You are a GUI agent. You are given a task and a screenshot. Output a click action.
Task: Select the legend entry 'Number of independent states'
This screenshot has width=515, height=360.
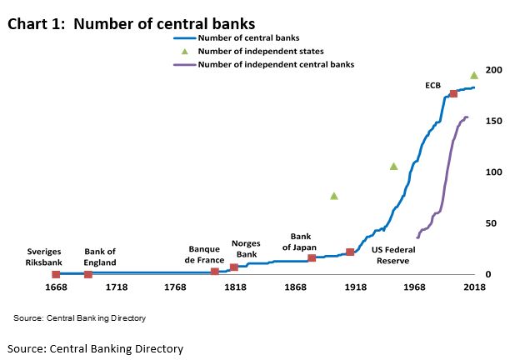click(260, 51)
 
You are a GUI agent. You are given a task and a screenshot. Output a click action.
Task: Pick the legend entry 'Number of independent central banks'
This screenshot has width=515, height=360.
click(276, 64)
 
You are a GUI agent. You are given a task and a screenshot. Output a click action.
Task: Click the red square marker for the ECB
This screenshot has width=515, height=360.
click(453, 94)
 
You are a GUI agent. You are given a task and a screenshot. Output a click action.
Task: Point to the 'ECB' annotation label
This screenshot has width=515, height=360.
click(432, 84)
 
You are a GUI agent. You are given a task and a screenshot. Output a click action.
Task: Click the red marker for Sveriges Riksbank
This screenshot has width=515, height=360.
click(56, 274)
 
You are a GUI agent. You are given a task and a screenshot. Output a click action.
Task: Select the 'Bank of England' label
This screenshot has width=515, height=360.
click(100, 257)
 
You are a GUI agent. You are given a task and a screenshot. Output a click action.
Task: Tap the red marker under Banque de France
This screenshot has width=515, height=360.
click(215, 272)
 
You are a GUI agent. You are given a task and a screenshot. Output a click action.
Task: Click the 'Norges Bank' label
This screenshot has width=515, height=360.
click(246, 248)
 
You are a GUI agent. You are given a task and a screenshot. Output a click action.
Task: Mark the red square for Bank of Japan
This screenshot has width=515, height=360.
click(312, 258)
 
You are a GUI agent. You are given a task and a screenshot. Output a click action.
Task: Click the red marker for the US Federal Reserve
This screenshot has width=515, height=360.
click(350, 252)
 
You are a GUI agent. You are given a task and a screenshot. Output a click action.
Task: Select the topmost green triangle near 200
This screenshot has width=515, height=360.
click(474, 75)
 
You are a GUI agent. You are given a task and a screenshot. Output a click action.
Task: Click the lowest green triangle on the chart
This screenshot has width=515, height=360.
click(334, 196)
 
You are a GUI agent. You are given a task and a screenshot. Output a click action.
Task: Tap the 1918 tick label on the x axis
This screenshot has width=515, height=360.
click(355, 288)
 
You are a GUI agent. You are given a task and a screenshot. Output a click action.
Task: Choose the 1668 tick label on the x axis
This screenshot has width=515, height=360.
click(56, 288)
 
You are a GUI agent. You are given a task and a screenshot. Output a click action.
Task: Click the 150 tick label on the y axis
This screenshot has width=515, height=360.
click(494, 121)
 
